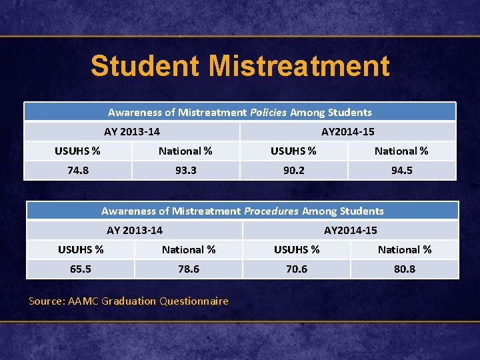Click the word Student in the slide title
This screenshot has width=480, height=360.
click(x=145, y=66)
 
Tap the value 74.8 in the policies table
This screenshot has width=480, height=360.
click(x=78, y=170)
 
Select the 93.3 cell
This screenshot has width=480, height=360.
click(x=185, y=170)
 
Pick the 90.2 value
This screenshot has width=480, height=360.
click(x=293, y=170)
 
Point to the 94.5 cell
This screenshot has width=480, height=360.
click(x=401, y=170)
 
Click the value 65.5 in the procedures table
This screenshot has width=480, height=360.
click(x=81, y=269)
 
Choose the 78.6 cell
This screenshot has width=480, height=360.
click(x=189, y=269)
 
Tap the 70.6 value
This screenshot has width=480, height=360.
click(x=297, y=269)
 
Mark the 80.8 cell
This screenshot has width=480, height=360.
click(x=405, y=269)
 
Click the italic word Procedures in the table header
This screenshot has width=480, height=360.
click(x=271, y=211)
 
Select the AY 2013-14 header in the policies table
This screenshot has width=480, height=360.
click(x=132, y=131)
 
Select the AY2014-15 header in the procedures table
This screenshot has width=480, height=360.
click(x=351, y=230)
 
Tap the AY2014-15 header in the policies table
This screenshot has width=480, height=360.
click(x=347, y=131)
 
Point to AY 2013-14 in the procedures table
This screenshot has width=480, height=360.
click(x=135, y=230)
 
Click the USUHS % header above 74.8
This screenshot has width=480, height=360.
click(x=77, y=151)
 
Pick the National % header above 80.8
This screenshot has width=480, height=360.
click(x=405, y=249)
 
